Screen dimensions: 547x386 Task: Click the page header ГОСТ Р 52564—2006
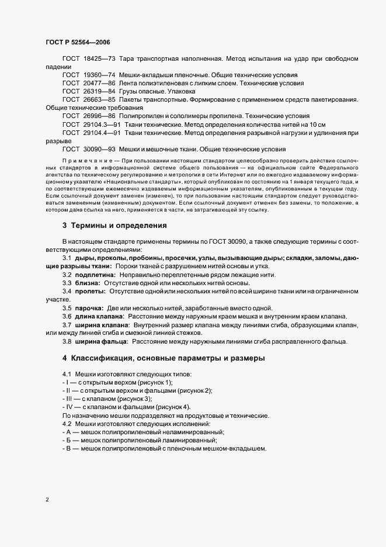click(78, 42)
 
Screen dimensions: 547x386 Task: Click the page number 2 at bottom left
click(47, 500)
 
